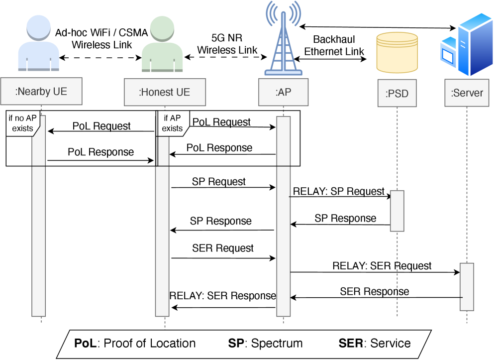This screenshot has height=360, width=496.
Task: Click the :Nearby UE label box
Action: [x=41, y=92]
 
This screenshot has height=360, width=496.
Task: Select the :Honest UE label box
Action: [x=164, y=92]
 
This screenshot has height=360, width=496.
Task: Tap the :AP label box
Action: [x=283, y=92]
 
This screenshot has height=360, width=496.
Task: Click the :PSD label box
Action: [x=397, y=93]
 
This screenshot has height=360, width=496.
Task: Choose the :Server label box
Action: [x=467, y=93]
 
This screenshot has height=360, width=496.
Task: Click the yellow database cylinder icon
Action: [x=397, y=52]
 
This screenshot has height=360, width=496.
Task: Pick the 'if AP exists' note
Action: [x=172, y=123]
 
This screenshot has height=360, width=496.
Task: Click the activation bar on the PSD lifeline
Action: [x=397, y=211]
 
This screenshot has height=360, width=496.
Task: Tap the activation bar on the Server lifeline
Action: [x=467, y=286]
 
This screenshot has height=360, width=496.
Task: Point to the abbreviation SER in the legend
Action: [x=351, y=344]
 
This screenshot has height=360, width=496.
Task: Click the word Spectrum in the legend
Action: [x=277, y=344]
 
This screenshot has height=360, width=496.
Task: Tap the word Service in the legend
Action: [x=391, y=344]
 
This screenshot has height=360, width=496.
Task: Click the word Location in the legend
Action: [x=174, y=344]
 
